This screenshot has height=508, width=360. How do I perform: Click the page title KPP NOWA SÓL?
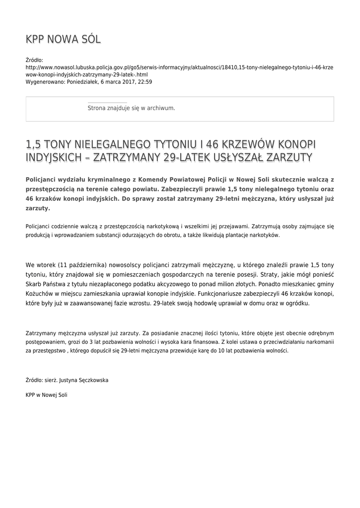tap(63, 40)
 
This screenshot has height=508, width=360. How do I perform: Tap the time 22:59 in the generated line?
tap(145, 82)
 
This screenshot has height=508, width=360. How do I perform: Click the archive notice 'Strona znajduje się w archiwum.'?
tap(131, 108)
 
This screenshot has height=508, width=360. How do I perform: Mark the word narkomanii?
tap(319, 342)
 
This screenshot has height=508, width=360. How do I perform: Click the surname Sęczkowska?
tap(91, 381)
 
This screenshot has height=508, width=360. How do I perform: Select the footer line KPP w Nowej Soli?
tap(46, 395)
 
